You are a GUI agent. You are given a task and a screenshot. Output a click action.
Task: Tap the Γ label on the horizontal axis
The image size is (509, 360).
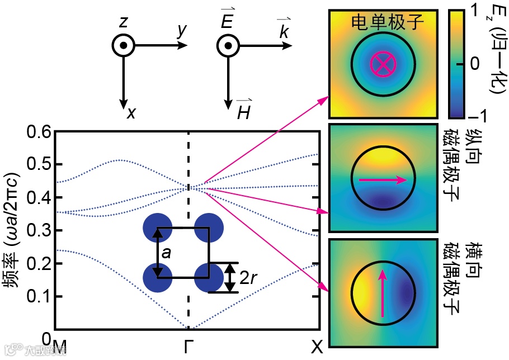(x=188, y=348)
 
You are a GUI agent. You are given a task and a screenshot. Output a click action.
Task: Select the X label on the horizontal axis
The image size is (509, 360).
(x=317, y=348)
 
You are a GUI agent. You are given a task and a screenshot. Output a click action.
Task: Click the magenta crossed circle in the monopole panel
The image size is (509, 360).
(x=383, y=64)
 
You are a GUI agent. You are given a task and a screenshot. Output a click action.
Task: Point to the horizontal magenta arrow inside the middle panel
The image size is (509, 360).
(x=383, y=180)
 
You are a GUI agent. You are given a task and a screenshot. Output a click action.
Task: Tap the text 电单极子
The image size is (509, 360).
(x=388, y=22)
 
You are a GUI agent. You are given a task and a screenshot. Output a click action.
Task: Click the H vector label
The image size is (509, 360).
(x=243, y=112)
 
